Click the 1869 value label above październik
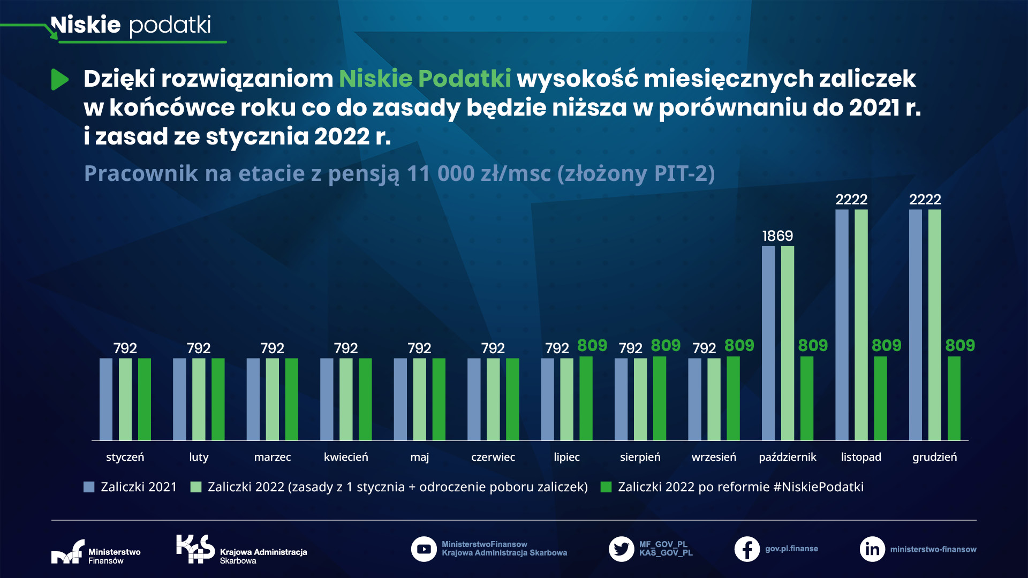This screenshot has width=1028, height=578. tap(777, 235)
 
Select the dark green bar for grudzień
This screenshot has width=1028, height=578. tap(954, 398)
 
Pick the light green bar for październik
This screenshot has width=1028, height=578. tap(787, 343)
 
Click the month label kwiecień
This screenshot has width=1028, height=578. tap(346, 457)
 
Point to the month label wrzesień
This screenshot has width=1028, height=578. tap(714, 457)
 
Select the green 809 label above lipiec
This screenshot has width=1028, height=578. tap(592, 346)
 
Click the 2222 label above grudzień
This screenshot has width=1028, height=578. tap(925, 200)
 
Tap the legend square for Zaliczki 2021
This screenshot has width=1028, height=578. tap(89, 487)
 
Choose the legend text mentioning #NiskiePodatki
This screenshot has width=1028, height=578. tap(740, 487)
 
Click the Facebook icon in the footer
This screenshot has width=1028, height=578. tap(747, 549)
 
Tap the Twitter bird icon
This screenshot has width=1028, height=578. tap(621, 549)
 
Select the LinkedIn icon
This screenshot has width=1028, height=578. tap(872, 549)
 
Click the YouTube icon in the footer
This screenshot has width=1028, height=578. tap(424, 549)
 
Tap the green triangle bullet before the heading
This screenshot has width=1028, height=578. tap(59, 79)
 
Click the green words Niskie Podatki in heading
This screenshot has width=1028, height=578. tap(425, 79)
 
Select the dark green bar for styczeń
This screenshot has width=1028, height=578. tap(144, 399)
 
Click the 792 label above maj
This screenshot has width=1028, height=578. tap(419, 348)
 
